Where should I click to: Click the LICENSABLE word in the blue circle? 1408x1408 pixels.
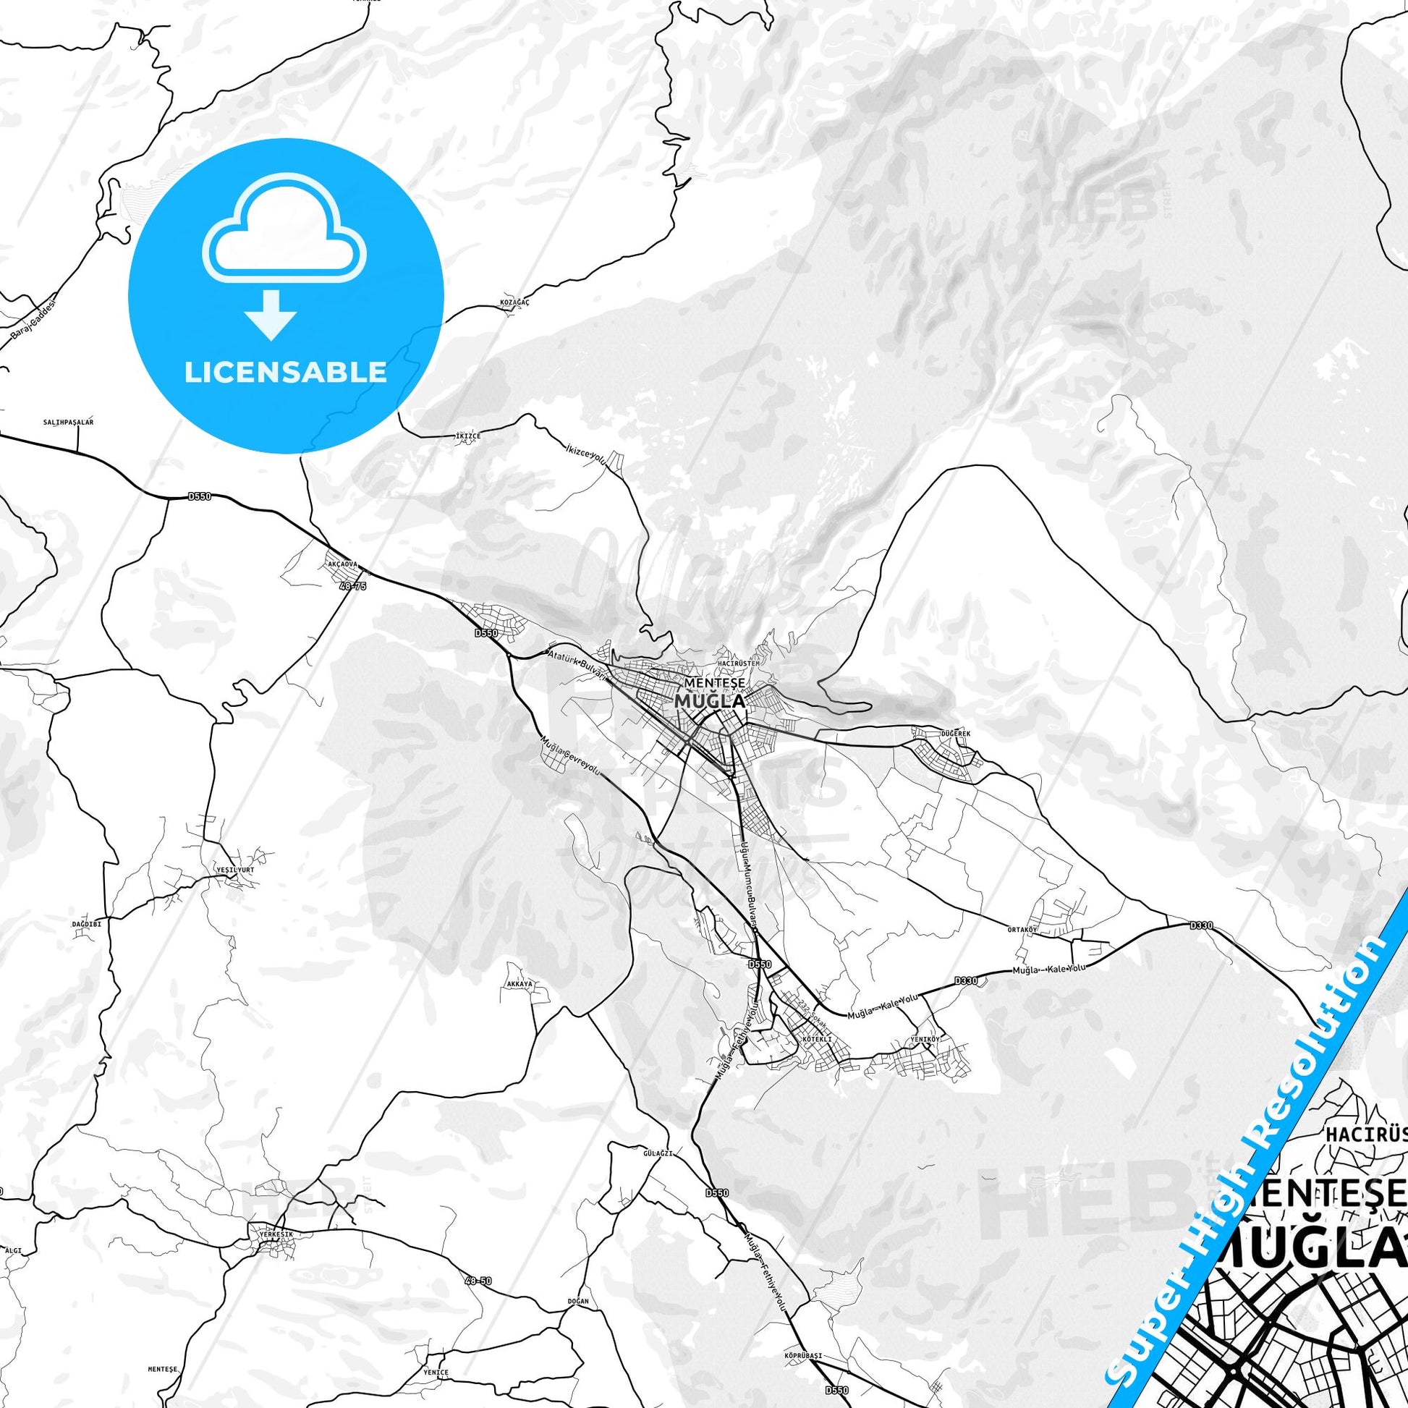click(285, 372)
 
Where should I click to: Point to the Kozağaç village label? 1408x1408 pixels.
click(515, 302)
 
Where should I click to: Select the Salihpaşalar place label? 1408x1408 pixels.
click(69, 422)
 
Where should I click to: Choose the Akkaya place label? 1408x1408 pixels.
click(519, 983)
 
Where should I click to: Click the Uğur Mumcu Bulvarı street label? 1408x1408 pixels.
click(750, 886)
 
